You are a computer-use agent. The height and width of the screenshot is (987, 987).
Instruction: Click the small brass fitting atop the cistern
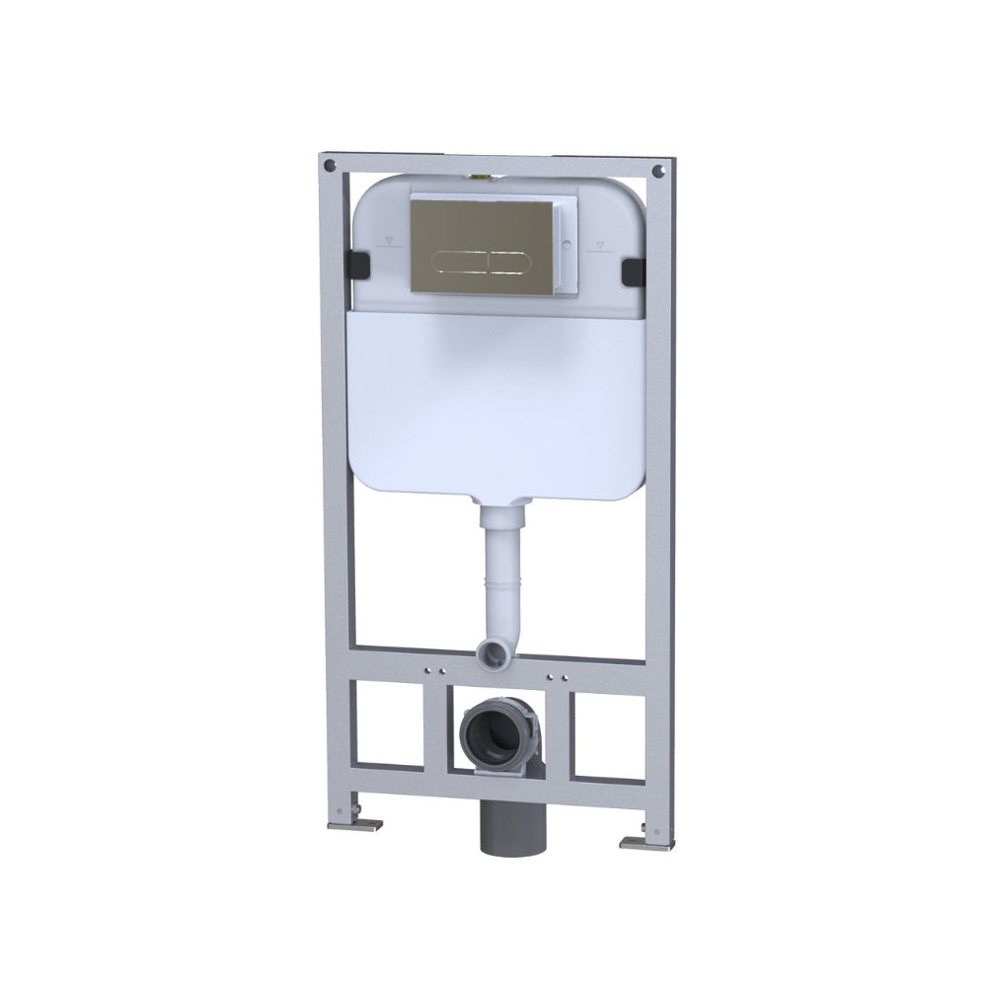pos(483,176)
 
